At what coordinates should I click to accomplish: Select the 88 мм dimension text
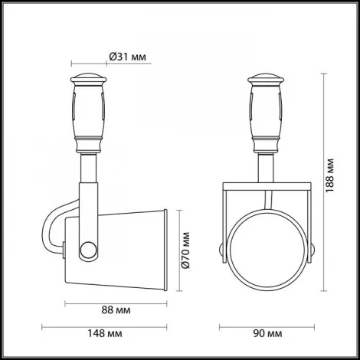116,311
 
